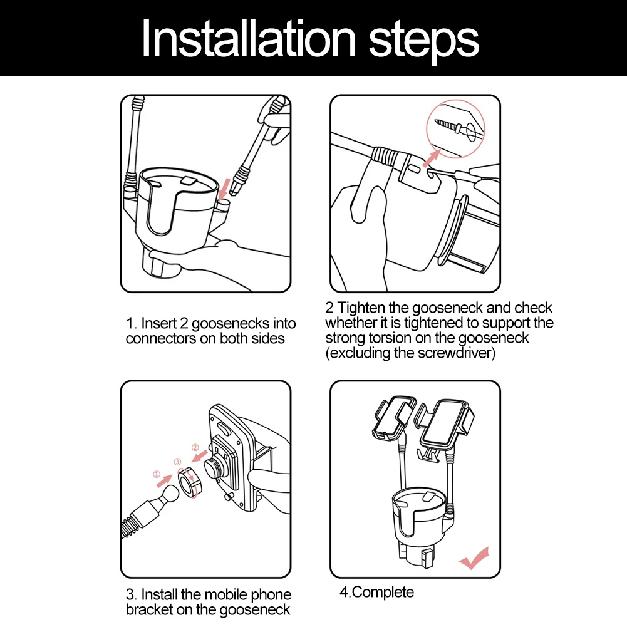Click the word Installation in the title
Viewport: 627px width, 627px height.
pyautogui.click(x=249, y=38)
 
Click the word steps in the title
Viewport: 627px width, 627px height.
pyautogui.click(x=423, y=43)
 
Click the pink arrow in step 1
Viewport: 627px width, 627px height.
pyautogui.click(x=225, y=189)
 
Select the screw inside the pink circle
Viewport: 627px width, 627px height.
pyautogui.click(x=452, y=126)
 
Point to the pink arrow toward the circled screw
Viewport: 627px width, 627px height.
pyautogui.click(x=432, y=158)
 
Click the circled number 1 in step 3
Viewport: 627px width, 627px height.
pyautogui.click(x=157, y=475)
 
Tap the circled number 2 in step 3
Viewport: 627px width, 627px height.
pyautogui.click(x=195, y=447)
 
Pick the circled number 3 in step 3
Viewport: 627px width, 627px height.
pyautogui.click(x=177, y=462)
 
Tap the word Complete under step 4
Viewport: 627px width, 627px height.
pyautogui.click(x=383, y=592)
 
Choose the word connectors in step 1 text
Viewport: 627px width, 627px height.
pyautogui.click(x=161, y=338)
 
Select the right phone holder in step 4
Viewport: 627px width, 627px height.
pyautogui.click(x=445, y=424)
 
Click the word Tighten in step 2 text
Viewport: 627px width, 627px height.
pyautogui.click(x=361, y=308)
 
